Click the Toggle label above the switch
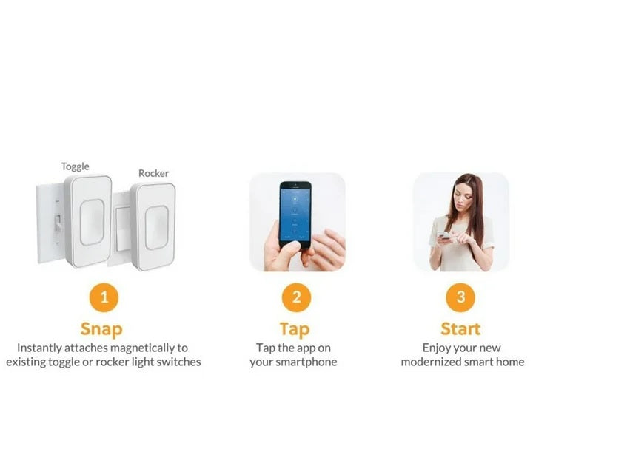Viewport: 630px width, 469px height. pos(75,166)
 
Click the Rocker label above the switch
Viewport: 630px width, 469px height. pos(153,173)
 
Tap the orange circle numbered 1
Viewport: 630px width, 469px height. pos(104,297)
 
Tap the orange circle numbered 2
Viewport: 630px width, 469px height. pos(297,297)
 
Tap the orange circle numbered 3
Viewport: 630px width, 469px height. pos(460,297)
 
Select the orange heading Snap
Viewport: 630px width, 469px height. pos(101,329)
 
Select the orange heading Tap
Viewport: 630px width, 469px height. pos(295,329)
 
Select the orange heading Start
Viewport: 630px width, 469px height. pos(460,329)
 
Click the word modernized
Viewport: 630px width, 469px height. pos(430,362)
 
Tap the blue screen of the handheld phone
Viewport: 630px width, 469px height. pos(295,215)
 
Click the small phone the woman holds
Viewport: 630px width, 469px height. pos(444,235)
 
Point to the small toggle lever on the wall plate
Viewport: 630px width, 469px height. pos(58,222)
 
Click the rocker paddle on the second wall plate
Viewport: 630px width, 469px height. pos(123,229)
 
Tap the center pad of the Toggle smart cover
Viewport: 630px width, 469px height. pos(92,222)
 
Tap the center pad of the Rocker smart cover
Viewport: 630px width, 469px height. pos(156,228)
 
